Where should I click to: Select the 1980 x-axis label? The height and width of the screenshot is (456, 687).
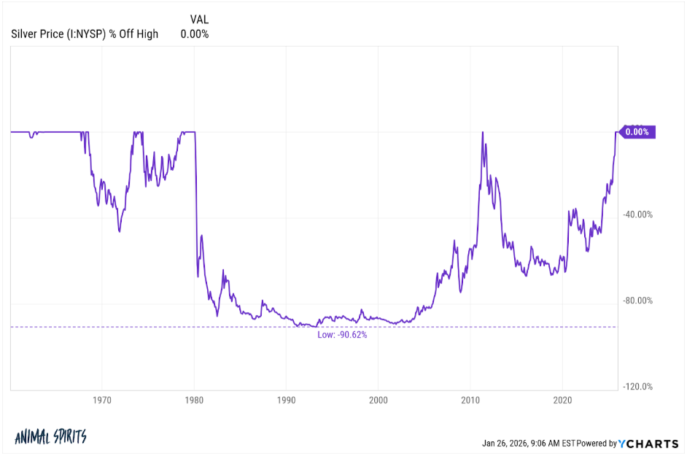(194, 400)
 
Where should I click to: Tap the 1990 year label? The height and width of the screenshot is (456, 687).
(286, 400)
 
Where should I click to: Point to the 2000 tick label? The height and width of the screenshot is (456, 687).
(379, 400)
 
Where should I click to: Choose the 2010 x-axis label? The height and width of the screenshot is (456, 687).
(470, 400)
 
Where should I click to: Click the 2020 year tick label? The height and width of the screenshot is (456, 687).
(562, 400)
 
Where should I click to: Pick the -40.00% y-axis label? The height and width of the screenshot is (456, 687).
(637, 215)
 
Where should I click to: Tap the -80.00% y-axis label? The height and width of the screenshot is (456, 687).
(637, 301)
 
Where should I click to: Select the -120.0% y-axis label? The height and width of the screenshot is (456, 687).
(637, 387)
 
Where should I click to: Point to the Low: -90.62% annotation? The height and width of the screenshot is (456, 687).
(342, 335)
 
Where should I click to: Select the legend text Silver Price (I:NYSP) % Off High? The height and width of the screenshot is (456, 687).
(85, 34)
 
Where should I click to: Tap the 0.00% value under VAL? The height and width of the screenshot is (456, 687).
(195, 34)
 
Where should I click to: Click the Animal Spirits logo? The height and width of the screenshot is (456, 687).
(50, 437)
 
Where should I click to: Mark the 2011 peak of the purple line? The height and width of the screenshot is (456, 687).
(483, 132)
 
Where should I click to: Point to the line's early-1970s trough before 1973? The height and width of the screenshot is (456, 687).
(119, 232)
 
